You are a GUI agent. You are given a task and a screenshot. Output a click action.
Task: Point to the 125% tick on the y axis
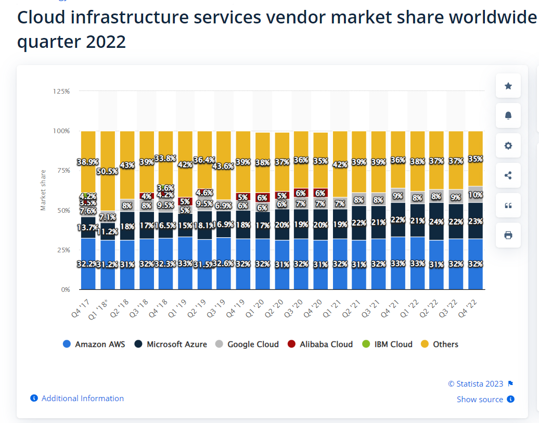pos(61,91)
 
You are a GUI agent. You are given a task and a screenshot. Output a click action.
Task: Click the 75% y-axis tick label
pos(61,171)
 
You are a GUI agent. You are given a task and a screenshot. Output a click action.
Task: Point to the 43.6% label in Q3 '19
pos(224,166)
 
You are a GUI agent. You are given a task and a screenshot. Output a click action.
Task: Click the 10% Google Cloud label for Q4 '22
pos(476,195)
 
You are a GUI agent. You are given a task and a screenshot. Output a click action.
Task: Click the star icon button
pos(508,86)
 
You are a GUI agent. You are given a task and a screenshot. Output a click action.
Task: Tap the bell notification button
pos(508,116)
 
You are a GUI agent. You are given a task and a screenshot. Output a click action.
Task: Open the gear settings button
pos(508,146)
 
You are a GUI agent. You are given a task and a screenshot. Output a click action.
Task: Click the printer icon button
pos(508,235)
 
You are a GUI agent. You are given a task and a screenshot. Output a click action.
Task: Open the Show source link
pos(480,400)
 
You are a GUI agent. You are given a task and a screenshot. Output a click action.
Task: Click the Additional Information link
pos(82,399)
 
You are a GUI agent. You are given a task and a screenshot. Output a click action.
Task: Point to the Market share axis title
pos(43,190)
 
